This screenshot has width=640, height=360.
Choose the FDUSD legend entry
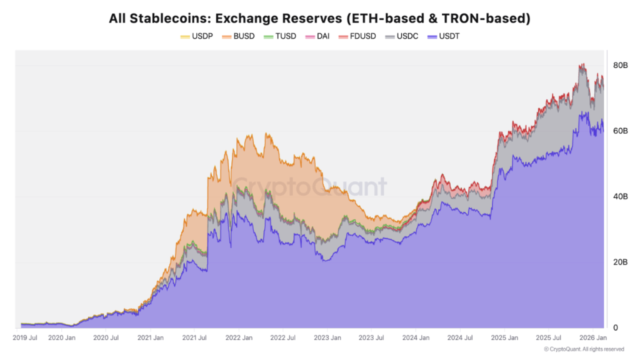tap(361, 36)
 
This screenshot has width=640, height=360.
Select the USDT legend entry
tap(448, 36)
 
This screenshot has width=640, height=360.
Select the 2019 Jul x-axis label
tap(25, 338)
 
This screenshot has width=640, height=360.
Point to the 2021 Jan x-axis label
tap(151, 338)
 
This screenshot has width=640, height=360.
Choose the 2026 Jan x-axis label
tap(591, 338)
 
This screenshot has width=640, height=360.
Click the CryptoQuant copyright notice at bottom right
tap(584, 349)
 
